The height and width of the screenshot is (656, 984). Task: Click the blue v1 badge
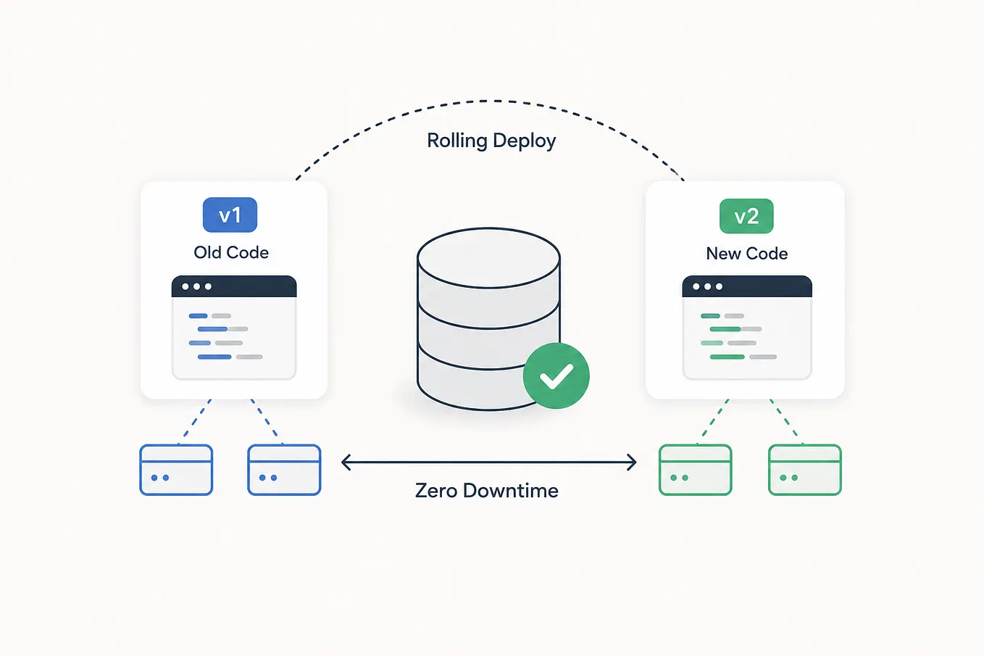point(230,215)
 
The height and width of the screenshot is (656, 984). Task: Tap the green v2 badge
point(746,216)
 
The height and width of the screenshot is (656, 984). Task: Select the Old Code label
point(231,253)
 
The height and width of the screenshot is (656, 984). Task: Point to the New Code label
point(747,254)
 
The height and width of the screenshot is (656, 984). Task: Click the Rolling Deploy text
point(491,141)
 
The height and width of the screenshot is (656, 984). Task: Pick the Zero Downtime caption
point(487,490)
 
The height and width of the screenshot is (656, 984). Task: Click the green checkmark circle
point(556,375)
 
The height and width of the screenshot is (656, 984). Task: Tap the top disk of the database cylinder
point(488,257)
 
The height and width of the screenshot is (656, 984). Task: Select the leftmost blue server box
point(176,470)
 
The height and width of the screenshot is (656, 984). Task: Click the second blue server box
point(284,470)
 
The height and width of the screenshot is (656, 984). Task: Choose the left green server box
point(696,470)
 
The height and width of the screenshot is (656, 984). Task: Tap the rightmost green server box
point(805,470)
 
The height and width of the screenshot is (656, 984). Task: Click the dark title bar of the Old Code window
point(234,286)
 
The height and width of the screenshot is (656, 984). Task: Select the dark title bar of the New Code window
point(747,286)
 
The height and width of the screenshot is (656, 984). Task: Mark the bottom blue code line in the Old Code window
point(214,357)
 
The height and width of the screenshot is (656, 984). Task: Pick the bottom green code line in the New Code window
point(727,357)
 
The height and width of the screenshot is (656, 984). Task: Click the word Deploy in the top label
point(525,141)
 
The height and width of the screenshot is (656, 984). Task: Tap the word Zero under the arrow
point(437,490)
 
